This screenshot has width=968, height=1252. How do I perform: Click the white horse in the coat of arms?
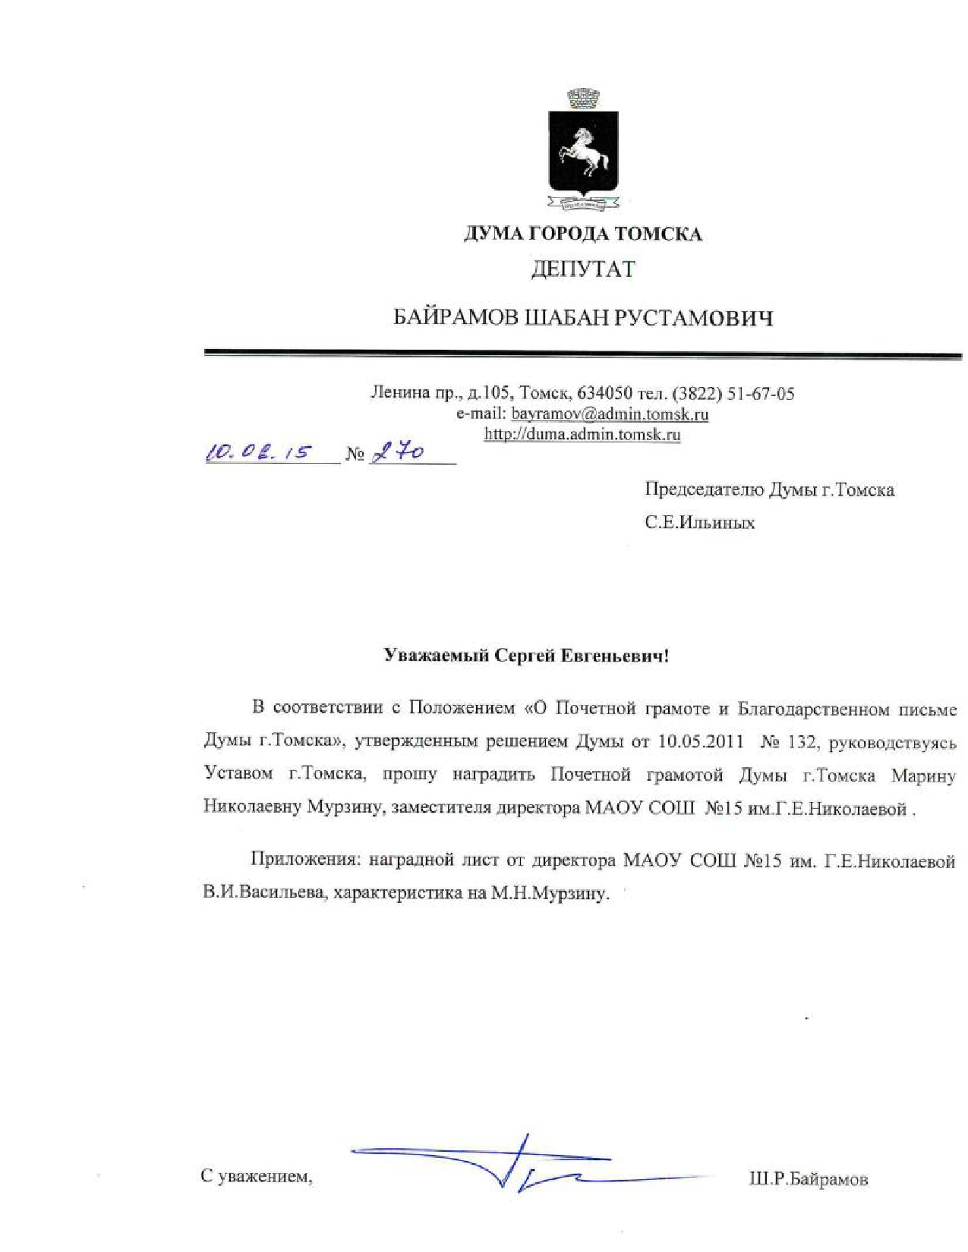tap(584, 151)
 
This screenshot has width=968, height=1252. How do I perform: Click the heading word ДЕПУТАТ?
tap(582, 269)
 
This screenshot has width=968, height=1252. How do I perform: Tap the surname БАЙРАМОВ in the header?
tap(456, 318)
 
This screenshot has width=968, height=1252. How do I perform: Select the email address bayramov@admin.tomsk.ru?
tap(610, 414)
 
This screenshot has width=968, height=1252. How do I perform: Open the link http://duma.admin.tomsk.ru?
tap(582, 435)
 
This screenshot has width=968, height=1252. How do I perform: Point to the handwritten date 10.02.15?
tap(258, 452)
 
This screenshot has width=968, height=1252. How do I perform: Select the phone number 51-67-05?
tap(761, 393)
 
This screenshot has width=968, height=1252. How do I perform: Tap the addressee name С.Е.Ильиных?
tap(699, 523)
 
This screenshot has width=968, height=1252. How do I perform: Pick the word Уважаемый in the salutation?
tap(436, 656)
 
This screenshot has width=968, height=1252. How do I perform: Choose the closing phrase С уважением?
tap(257, 1177)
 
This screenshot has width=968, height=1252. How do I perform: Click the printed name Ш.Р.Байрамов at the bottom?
tap(808, 1179)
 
